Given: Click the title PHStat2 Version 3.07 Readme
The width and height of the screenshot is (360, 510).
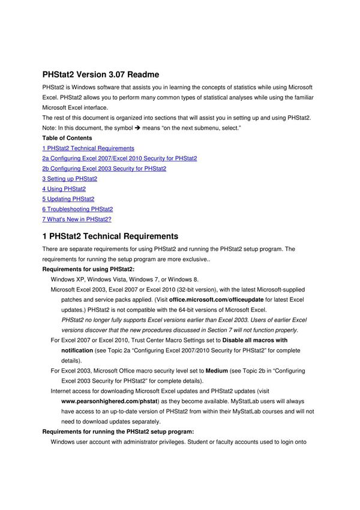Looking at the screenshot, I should click(101, 75).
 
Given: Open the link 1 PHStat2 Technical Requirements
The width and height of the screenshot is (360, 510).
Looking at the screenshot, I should click(88, 148).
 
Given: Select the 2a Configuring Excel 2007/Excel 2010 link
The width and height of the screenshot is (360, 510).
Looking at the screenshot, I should click(119, 158).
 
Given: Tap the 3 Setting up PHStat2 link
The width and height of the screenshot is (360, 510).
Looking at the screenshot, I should click(70, 179).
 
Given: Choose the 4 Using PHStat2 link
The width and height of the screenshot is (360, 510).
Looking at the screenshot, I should click(64, 189).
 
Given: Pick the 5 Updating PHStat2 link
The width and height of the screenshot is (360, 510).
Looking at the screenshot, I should click(68, 199).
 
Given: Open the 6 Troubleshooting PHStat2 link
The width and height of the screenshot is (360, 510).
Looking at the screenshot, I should click(77, 209).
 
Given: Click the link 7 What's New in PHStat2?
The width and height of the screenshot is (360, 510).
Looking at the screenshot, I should click(77, 220).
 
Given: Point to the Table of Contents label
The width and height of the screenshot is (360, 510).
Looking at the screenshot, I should click(67, 138).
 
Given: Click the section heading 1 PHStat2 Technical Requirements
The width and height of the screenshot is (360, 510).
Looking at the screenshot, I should click(110, 236).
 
